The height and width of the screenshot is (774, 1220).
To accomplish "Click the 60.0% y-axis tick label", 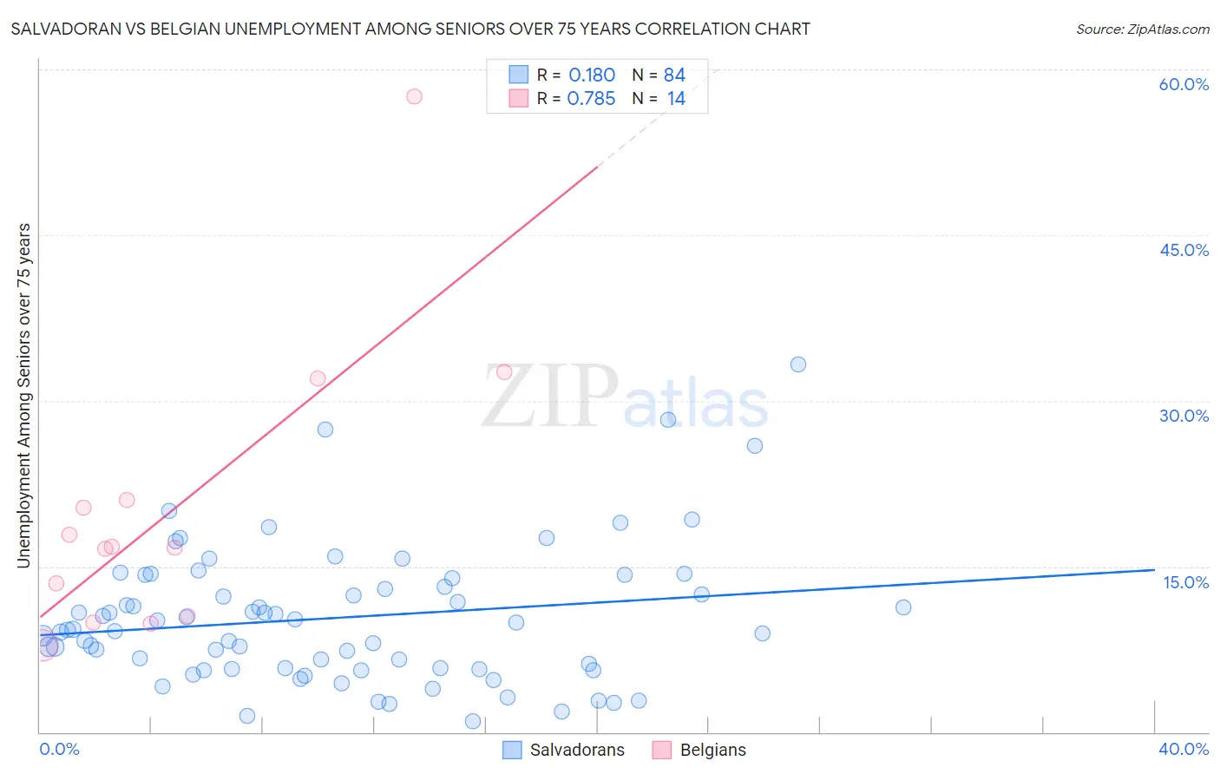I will point(1184,84).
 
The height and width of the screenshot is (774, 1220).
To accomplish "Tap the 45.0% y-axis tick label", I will point(1184,250).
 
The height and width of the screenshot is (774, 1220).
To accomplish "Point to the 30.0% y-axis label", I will point(1184,416).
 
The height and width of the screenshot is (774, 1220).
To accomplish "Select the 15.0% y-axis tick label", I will point(1185,582).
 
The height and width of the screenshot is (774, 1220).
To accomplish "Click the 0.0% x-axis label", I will point(59,749).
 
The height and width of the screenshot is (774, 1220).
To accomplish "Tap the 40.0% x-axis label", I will point(1184,749).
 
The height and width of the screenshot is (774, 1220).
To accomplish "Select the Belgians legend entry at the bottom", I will point(699,750).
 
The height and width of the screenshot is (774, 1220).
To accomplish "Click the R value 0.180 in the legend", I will point(592,75).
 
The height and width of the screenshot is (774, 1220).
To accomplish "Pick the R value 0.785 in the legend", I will point(591,99).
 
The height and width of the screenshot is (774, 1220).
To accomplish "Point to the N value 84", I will point(674,75).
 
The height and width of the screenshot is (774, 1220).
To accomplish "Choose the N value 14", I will point(676,99).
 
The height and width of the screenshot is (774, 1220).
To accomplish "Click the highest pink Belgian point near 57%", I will point(414,96).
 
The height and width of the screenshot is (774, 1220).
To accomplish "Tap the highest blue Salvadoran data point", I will point(798,364).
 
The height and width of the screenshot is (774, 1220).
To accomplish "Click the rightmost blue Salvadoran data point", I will point(903,607).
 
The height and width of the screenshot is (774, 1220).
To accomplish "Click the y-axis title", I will point(23,396).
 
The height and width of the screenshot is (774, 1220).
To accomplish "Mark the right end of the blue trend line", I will point(1154,570).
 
